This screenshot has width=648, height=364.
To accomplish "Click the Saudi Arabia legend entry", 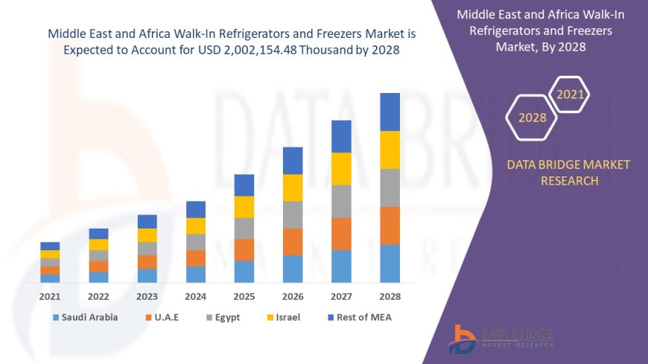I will (85, 317).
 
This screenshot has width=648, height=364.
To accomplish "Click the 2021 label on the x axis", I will (50, 296).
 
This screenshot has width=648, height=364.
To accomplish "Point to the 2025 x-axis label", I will (244, 296).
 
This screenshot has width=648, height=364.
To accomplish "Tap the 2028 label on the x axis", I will (390, 296).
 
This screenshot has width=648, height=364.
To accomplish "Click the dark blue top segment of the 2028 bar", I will (390, 112).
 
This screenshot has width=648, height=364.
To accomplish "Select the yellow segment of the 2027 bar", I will (341, 168).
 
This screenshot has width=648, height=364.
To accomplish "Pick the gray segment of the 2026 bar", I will (293, 214).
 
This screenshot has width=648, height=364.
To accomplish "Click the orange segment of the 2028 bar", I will (390, 226).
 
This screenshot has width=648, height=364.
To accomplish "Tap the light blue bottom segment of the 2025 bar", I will (244, 271).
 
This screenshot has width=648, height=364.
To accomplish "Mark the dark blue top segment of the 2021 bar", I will (50, 246).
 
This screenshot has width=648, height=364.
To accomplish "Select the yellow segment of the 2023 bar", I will (147, 235).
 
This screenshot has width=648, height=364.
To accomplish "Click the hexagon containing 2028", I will (532, 118).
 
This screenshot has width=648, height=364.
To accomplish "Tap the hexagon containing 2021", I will (571, 95).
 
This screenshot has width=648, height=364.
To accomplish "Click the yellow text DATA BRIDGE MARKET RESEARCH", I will (568, 172).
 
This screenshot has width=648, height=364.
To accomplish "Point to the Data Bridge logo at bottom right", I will (501, 339).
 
